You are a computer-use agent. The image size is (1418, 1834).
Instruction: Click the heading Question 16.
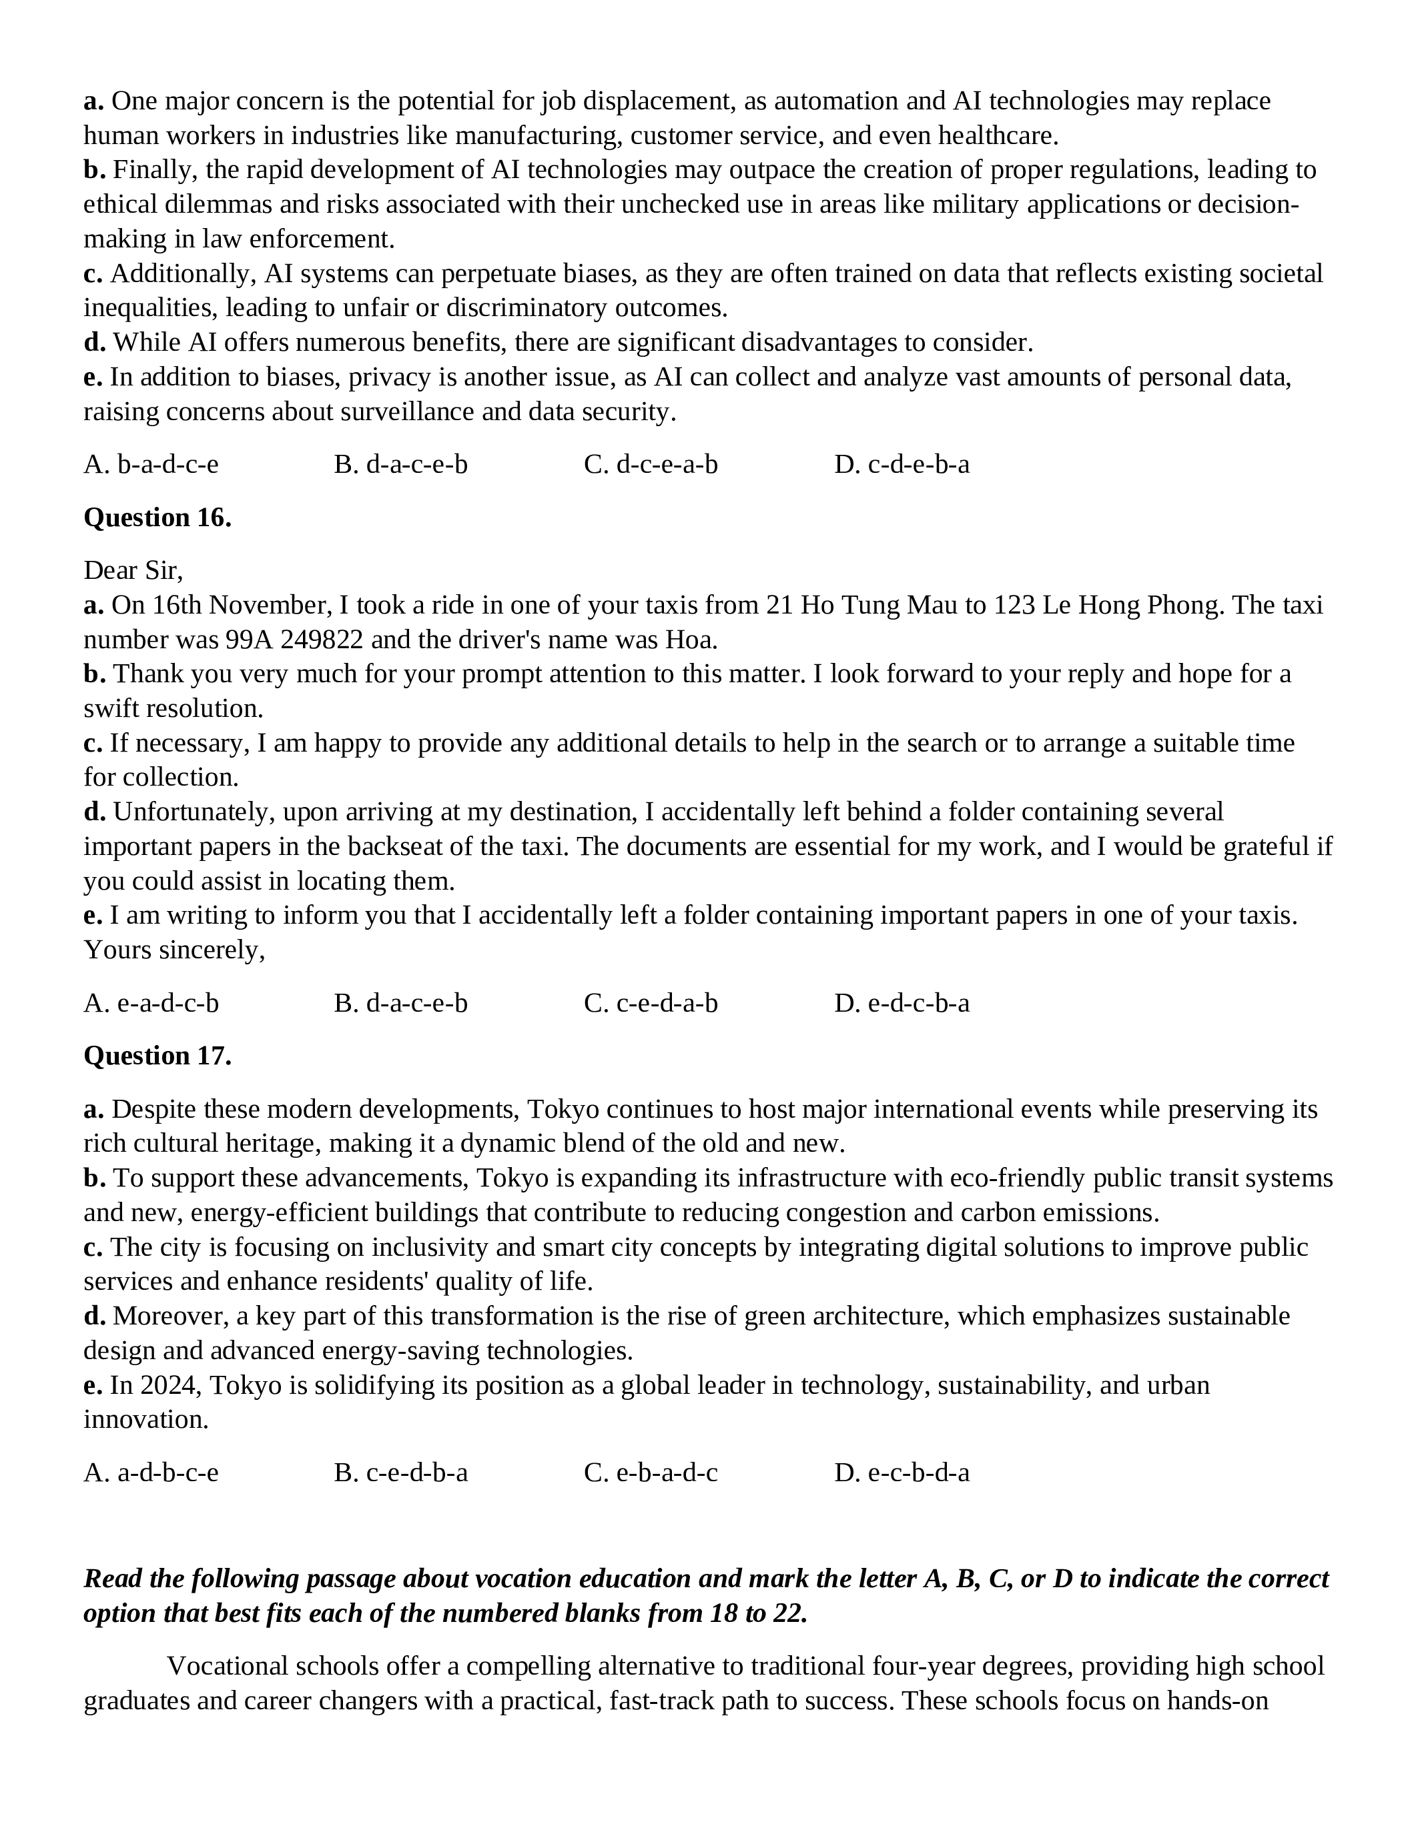click(157, 518)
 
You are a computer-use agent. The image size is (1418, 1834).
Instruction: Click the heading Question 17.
click(157, 1056)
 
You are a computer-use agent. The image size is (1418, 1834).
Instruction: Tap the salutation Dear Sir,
click(133, 571)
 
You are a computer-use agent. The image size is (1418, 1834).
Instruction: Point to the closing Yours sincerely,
click(174, 950)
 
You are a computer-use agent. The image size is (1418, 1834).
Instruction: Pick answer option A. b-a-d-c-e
click(151, 464)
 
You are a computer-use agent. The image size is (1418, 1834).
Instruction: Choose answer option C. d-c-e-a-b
click(651, 464)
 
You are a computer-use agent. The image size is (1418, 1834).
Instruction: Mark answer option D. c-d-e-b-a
click(902, 464)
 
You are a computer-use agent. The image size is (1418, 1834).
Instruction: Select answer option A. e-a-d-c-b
click(151, 1004)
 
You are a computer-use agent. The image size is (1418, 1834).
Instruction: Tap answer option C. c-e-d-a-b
click(651, 1004)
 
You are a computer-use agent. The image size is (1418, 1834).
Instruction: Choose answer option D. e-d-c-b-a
click(902, 1004)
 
